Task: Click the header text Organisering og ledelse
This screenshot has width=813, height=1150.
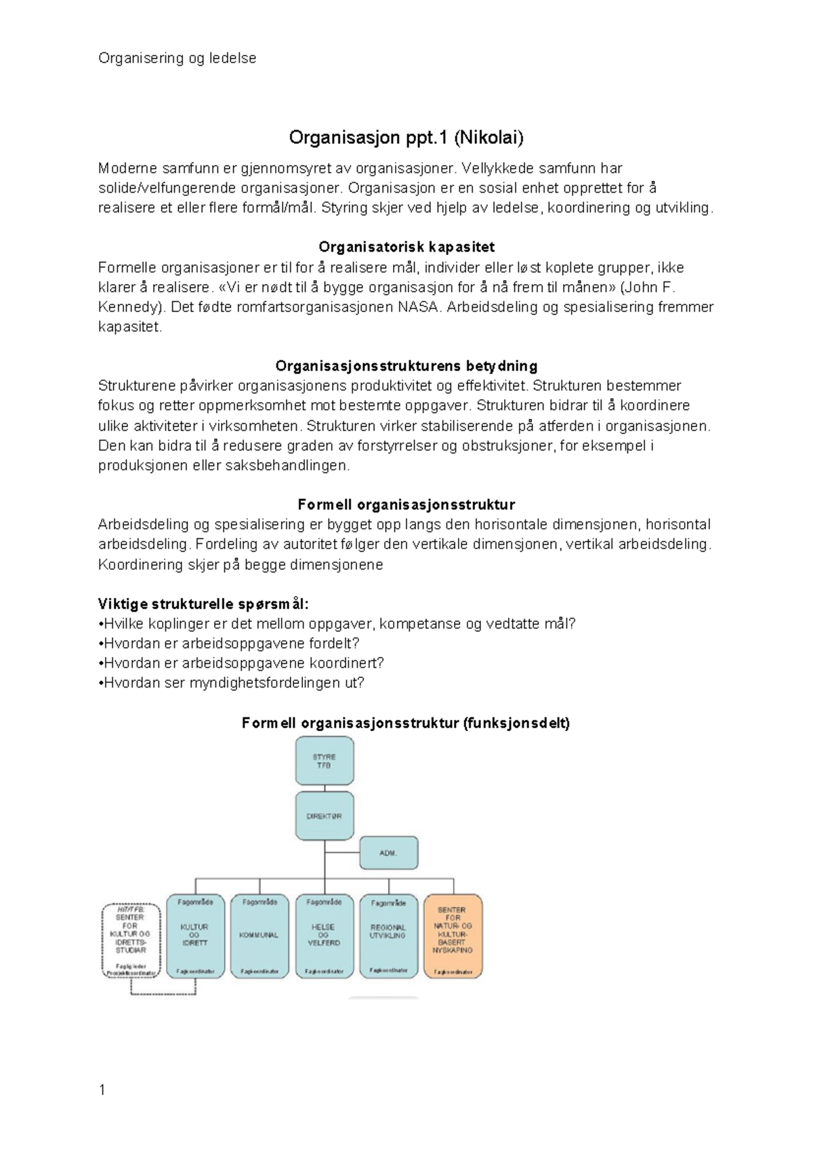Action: [x=177, y=58]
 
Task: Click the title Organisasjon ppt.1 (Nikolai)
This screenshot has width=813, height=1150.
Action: [x=406, y=138]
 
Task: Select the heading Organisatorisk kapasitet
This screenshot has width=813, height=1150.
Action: [x=406, y=247]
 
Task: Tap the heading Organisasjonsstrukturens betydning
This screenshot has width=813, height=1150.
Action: [x=406, y=366]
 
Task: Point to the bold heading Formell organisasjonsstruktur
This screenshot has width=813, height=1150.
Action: [x=406, y=504]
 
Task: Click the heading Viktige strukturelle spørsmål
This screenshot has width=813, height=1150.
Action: [x=203, y=604]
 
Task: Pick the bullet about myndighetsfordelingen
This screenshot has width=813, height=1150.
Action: [x=231, y=683]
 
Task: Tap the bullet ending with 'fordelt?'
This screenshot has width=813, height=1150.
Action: [x=228, y=643]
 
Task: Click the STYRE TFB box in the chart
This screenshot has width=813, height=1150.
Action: [x=325, y=761]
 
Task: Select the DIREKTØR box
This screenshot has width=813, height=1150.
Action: [x=325, y=816]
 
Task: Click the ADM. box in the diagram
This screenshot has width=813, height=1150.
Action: [x=388, y=853]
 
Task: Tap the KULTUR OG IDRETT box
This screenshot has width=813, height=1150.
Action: [x=195, y=936]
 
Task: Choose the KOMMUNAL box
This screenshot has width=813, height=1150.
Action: [x=259, y=936]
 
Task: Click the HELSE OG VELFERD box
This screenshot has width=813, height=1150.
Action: [x=325, y=936]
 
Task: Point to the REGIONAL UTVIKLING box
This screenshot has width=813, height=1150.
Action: [x=389, y=936]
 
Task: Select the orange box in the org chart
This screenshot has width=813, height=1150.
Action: [x=453, y=936]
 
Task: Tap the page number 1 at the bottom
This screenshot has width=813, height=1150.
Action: [x=102, y=1090]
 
